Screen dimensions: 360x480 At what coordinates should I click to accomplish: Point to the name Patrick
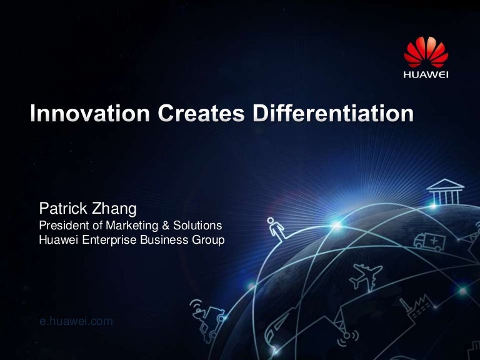[x=61, y=208]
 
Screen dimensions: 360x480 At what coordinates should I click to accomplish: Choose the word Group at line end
[x=209, y=239]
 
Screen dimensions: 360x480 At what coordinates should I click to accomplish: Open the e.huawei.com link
[x=75, y=321]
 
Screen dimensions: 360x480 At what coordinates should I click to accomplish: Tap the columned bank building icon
[x=446, y=192]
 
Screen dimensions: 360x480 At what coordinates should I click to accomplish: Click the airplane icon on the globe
[x=367, y=276]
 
